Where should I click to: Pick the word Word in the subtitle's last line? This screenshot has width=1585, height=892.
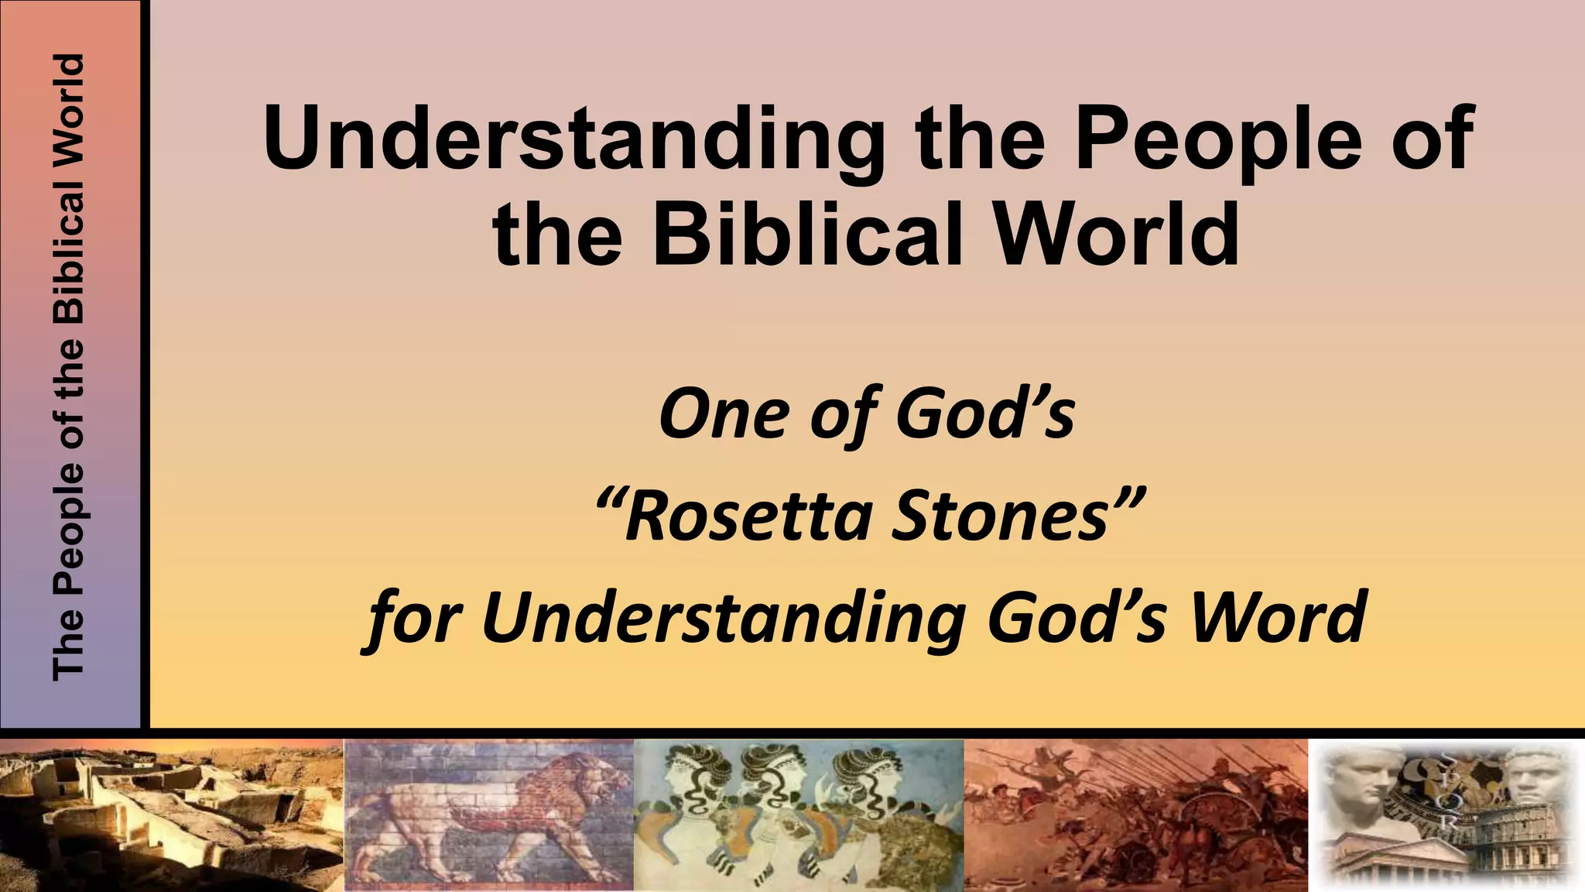1278,617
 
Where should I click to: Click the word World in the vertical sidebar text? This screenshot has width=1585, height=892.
68,101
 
